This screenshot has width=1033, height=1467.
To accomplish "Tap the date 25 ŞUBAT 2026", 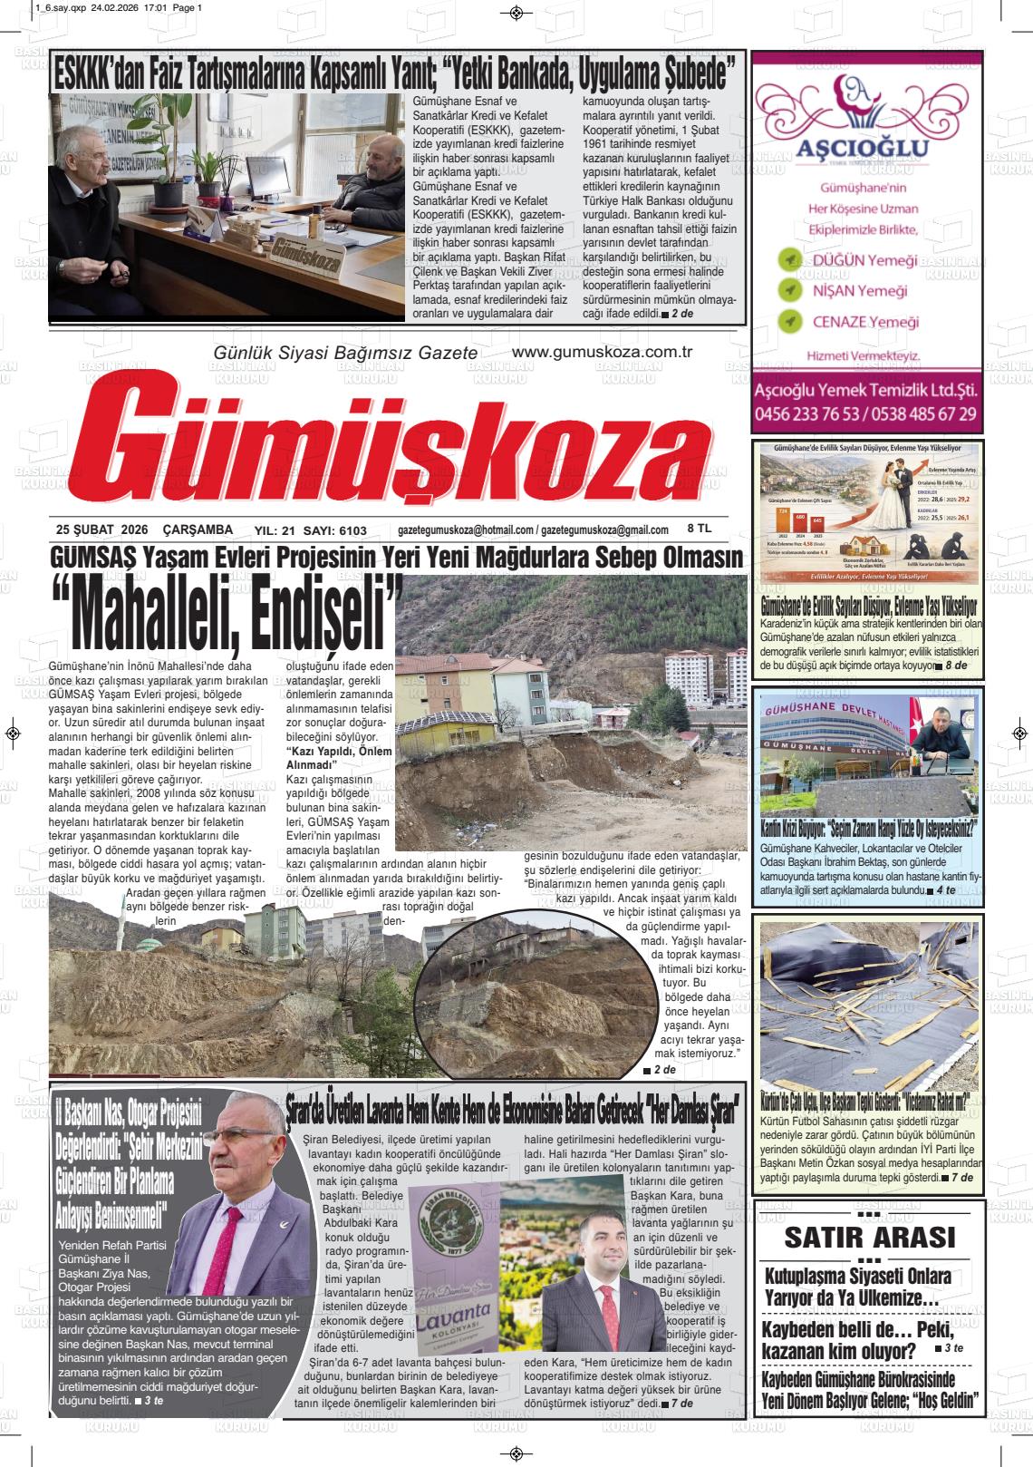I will tap(101, 529).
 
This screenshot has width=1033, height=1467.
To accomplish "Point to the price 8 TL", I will tap(700, 529).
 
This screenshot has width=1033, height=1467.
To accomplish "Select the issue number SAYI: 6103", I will tap(335, 530).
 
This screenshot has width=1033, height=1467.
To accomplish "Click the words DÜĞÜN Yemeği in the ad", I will tap(864, 260).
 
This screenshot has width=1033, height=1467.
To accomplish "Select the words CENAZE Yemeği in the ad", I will tap(864, 322).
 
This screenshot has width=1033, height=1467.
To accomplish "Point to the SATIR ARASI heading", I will tap(869, 1237).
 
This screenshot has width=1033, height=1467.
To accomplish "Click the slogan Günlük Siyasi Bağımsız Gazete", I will tap(344, 353).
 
